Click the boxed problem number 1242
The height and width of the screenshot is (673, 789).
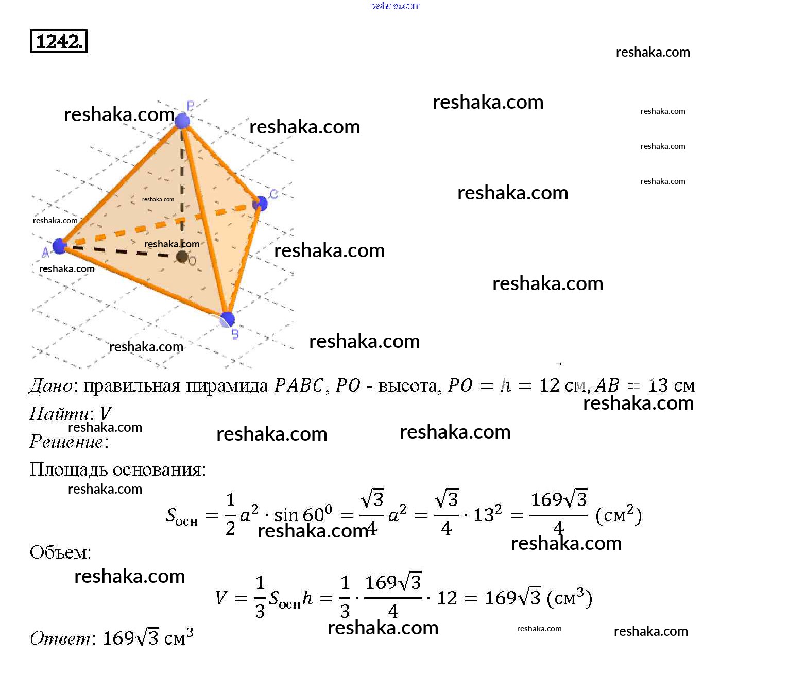[59, 42]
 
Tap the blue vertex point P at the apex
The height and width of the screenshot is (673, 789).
[182, 121]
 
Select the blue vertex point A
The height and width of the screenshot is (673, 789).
[60, 246]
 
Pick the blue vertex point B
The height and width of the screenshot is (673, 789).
[227, 319]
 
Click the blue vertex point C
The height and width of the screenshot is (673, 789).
[261, 203]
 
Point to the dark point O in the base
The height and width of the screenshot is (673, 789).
[182, 256]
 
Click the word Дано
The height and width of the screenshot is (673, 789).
[50, 386]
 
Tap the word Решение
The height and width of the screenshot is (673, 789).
[66, 442]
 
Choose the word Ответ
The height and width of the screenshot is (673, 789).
[60, 638]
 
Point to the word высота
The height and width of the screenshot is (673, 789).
[409, 386]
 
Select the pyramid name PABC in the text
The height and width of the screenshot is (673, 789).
[299, 386]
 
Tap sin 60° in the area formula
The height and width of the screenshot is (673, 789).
[303, 515]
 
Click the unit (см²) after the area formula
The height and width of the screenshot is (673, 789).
[618, 515]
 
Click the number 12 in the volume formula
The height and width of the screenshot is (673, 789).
[447, 598]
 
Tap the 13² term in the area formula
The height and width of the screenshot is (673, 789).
[487, 515]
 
